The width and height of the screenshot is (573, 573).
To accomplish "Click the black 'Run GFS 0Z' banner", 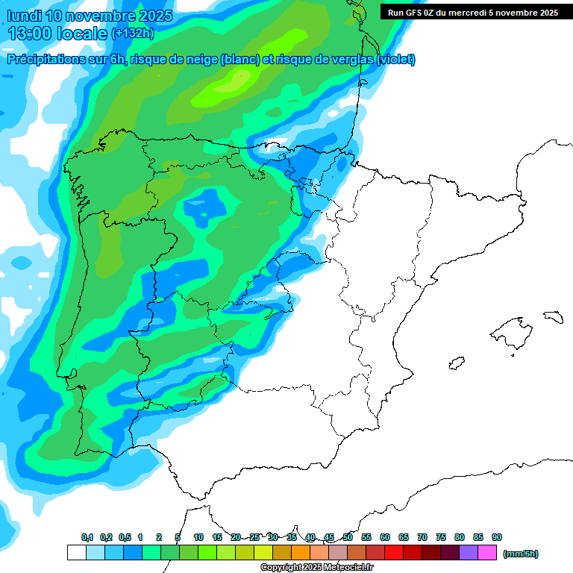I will coord(473,12).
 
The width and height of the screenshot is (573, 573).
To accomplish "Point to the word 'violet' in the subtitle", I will coord(395,60).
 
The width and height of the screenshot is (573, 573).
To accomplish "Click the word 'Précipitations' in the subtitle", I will coord(45,60).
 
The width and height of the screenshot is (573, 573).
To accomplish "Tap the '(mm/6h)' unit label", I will coord(520,554).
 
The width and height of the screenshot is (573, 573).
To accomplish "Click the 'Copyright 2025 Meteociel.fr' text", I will coord(316,568).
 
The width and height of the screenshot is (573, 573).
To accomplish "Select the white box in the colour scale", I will coord(76,553).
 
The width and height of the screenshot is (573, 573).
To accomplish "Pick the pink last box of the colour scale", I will coord(487,553).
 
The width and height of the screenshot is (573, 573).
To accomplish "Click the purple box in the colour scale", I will coord(469,553).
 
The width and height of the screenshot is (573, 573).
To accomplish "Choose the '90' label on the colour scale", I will coord(497,537).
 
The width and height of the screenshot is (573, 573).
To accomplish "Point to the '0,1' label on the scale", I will coord(87,537).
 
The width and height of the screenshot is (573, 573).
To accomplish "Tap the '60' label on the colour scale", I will coord(385,537).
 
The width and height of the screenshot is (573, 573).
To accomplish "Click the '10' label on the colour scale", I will coord(198,537).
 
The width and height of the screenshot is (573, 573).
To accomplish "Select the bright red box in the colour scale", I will coord(394,553).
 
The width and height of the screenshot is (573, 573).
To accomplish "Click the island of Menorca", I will coord(552,316).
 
